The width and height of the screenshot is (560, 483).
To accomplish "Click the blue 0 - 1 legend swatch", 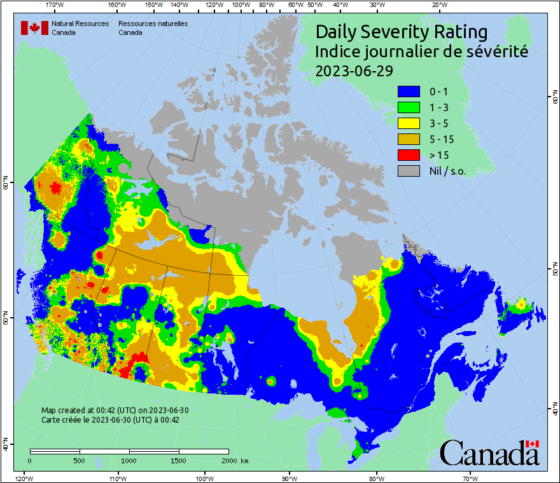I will (x=409, y=92).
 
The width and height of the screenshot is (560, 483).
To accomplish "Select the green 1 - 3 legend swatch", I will (x=409, y=107).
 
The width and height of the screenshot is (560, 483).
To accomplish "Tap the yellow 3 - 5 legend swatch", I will (x=409, y=123).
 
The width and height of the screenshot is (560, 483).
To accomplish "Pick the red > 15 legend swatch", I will (x=409, y=154).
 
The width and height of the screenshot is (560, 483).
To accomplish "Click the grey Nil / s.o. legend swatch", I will (x=409, y=170).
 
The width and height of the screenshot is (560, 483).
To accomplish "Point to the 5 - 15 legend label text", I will (x=442, y=139).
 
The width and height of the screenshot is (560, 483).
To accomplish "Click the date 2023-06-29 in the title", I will (x=354, y=71).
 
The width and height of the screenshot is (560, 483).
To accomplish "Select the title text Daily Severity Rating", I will (x=402, y=32).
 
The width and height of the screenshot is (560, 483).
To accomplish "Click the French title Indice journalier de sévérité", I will (x=421, y=51).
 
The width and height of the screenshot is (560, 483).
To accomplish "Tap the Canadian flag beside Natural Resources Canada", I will (x=34, y=28).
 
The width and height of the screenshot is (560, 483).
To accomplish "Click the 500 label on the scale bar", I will (x=80, y=460).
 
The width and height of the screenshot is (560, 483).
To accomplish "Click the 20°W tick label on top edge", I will (x=438, y=5).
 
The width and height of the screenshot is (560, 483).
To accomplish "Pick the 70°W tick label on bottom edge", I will (x=470, y=478).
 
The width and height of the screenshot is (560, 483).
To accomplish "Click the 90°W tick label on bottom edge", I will (x=290, y=478).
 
